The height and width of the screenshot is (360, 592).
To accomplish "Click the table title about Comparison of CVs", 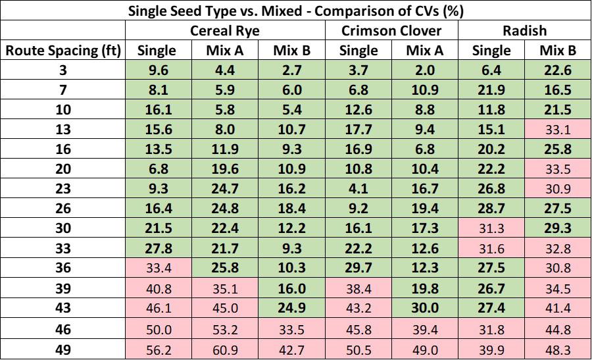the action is click(x=295, y=11).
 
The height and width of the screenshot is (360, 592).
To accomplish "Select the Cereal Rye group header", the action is click(x=225, y=30).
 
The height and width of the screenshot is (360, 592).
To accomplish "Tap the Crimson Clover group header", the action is click(x=391, y=30).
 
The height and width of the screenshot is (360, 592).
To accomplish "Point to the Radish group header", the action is click(x=524, y=30).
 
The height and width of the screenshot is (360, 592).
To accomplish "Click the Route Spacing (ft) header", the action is click(x=63, y=51).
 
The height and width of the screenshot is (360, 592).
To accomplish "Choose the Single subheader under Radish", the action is click(x=491, y=51).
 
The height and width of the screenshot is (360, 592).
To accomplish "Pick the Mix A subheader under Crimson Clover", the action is click(x=425, y=51).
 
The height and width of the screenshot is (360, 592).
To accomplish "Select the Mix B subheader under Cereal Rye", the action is click(x=291, y=51).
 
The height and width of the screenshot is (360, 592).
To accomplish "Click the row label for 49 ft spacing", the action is click(x=63, y=349).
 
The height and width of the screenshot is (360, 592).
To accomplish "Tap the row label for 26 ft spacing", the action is click(x=63, y=208).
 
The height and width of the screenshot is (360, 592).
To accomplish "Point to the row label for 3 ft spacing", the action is click(x=63, y=70).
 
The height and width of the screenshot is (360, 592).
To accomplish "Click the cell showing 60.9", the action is click(x=225, y=350).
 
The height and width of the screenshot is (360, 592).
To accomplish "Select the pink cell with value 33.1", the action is click(x=558, y=130).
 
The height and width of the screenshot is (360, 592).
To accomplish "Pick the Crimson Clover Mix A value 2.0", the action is click(x=425, y=70).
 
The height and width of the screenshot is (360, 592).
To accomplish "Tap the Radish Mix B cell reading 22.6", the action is click(x=558, y=70).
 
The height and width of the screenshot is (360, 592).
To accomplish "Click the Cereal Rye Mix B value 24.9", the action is click(x=291, y=307).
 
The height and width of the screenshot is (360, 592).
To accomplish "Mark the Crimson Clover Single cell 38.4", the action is click(x=358, y=289).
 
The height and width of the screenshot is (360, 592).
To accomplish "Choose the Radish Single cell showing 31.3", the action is click(x=491, y=228).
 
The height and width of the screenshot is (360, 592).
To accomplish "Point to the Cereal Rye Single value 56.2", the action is click(x=159, y=350).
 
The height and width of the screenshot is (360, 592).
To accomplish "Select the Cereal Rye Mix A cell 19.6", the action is click(x=225, y=168).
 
